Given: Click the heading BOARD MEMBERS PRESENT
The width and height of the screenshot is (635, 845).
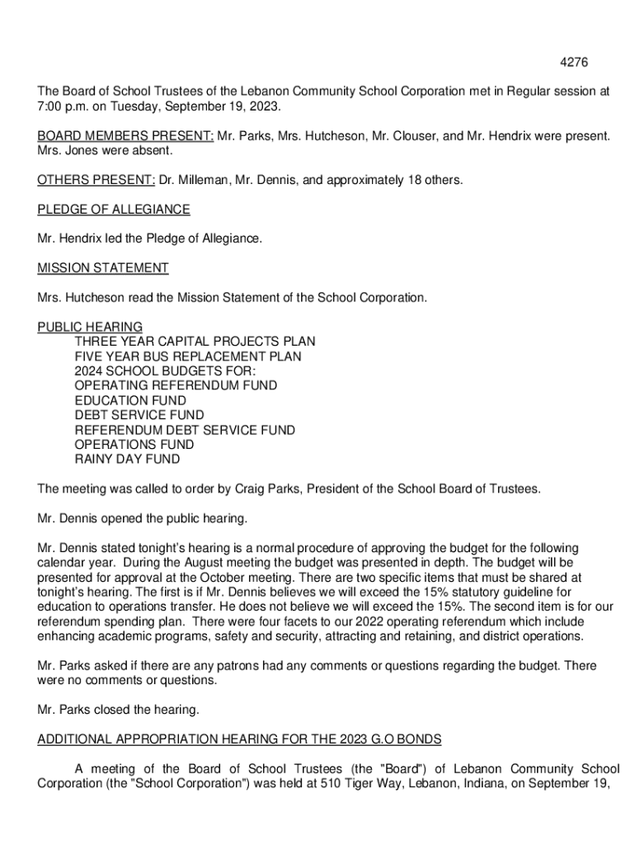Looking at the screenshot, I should tap(125, 137).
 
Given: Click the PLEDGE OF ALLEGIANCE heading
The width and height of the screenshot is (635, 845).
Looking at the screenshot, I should tap(114, 210).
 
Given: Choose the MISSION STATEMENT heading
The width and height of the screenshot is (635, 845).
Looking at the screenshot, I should tap(103, 268).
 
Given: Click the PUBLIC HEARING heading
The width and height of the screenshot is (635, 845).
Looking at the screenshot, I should tap(90, 327).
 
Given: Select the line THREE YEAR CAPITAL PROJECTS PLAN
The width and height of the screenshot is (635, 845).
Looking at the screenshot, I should tap(195, 342).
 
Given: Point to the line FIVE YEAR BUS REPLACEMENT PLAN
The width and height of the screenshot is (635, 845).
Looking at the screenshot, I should tap(188, 356).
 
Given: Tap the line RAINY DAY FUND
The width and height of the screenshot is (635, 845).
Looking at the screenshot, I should tap(127, 459).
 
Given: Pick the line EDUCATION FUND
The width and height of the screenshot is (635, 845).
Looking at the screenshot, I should tap(130, 400).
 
